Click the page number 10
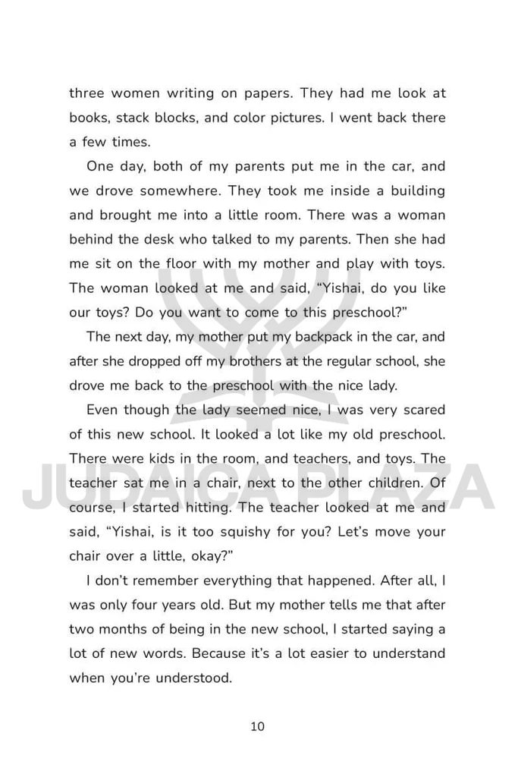tap(257, 726)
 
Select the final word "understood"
tap(194, 678)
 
